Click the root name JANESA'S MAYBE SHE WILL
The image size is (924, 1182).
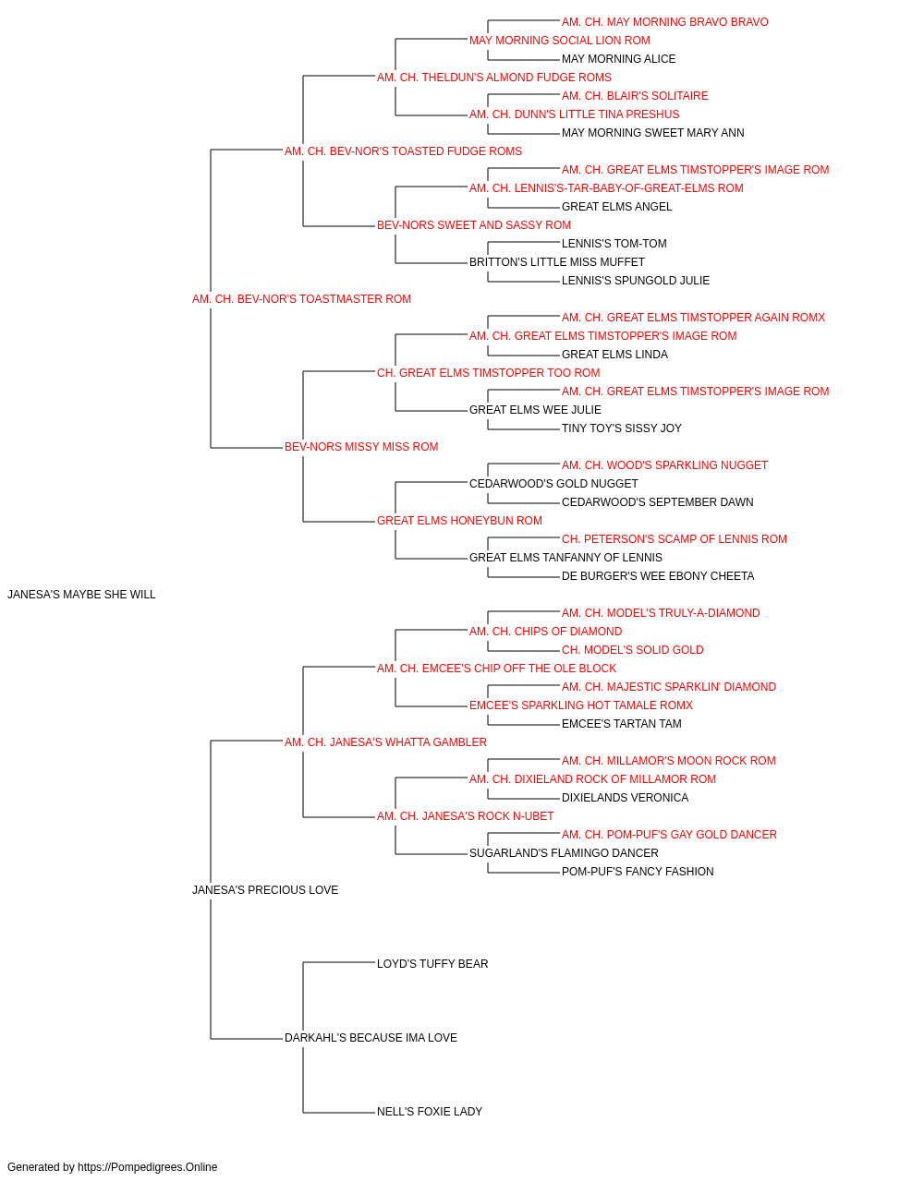pos(81,595)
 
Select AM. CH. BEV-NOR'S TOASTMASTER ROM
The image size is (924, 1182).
pos(301,299)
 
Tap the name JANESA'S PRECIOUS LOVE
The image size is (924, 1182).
pos(265,890)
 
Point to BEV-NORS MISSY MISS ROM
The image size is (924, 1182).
pos(361,447)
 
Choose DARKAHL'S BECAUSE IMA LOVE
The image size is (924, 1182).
pos(371,1038)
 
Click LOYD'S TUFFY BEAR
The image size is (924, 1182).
pos(432,964)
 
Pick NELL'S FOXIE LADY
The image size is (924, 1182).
pos(430,1112)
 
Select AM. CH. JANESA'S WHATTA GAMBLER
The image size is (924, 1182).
pos(386,742)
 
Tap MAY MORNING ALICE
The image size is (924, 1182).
pos(619,59)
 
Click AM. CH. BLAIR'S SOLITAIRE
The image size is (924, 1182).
pos(635,96)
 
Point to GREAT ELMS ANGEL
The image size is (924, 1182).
pos(616,207)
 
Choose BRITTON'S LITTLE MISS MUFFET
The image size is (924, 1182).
pos(556,262)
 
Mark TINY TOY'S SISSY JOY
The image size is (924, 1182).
pos(622,428)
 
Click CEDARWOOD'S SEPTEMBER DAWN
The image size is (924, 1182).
pos(657,502)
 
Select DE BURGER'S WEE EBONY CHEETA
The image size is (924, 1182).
pos(658,576)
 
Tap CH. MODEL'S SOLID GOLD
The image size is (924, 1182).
pos(632,650)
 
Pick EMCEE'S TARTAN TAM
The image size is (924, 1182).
pos(622,724)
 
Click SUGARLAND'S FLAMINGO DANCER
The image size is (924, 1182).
pos(564,853)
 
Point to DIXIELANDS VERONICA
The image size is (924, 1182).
pos(625,798)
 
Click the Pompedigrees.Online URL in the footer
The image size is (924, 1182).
pos(148,1167)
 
